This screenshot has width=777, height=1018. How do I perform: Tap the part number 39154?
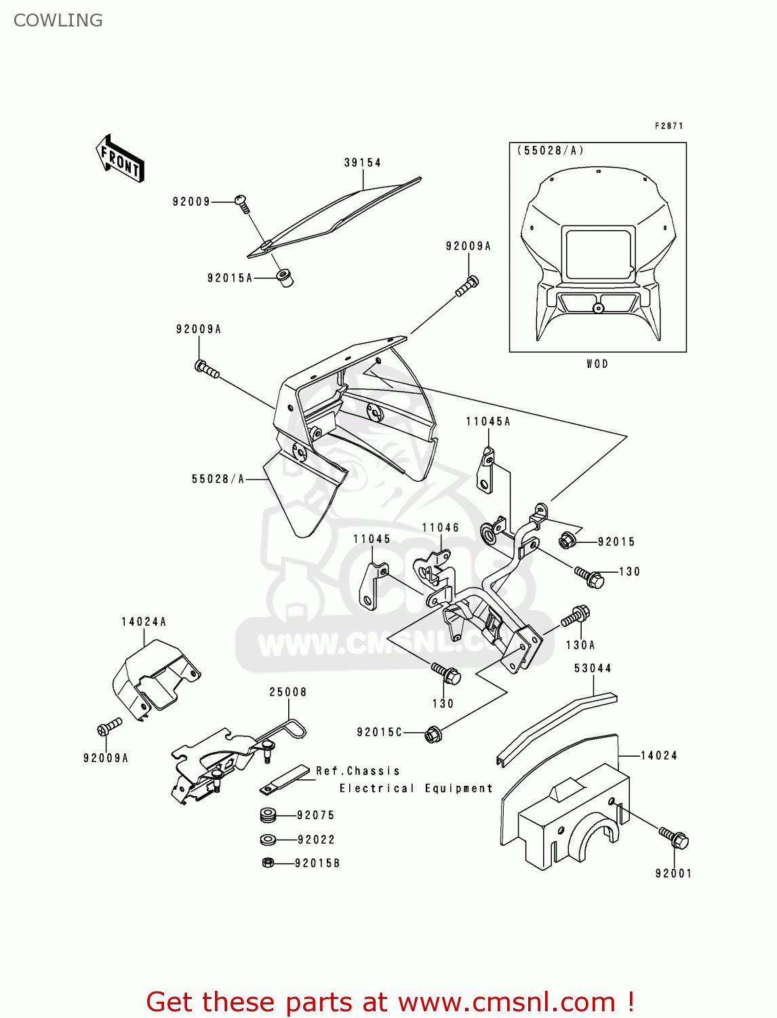tap(362, 163)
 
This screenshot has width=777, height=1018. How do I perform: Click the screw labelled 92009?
tap(242, 202)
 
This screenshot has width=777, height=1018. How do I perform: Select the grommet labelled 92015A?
tap(284, 278)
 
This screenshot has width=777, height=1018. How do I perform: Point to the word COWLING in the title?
tap(58, 20)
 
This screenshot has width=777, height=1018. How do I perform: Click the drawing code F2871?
tap(669, 126)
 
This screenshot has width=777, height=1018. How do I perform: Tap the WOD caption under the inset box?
tap(597, 364)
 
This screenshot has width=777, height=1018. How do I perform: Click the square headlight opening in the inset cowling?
tap(599, 254)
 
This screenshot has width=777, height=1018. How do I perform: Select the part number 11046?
tap(440, 528)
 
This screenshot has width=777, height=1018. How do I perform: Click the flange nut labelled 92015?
tap(567, 541)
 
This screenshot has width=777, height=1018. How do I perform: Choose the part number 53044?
tap(593, 668)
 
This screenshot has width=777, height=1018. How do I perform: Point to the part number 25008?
tap(288, 692)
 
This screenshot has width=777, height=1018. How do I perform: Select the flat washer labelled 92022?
tap(268, 840)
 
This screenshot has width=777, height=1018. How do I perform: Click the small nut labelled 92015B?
tap(268, 863)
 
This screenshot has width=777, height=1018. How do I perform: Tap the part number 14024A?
tap(144, 622)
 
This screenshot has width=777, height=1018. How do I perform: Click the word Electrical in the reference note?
tap(376, 789)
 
